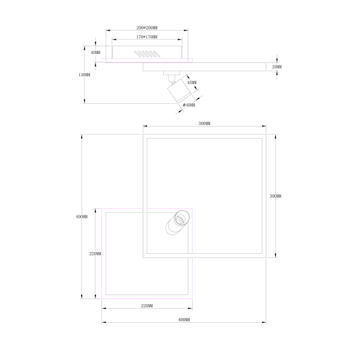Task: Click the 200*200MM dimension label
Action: (147, 28)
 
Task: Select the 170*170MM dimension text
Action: (147, 37)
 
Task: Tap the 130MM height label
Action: (84, 75)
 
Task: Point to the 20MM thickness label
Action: (277, 67)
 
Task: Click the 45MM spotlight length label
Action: (192, 82)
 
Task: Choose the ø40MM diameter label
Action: (189, 105)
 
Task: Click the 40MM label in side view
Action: (95, 52)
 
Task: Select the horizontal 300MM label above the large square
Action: (205, 124)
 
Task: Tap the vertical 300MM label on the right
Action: (275, 196)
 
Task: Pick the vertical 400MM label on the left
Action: (82, 217)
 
